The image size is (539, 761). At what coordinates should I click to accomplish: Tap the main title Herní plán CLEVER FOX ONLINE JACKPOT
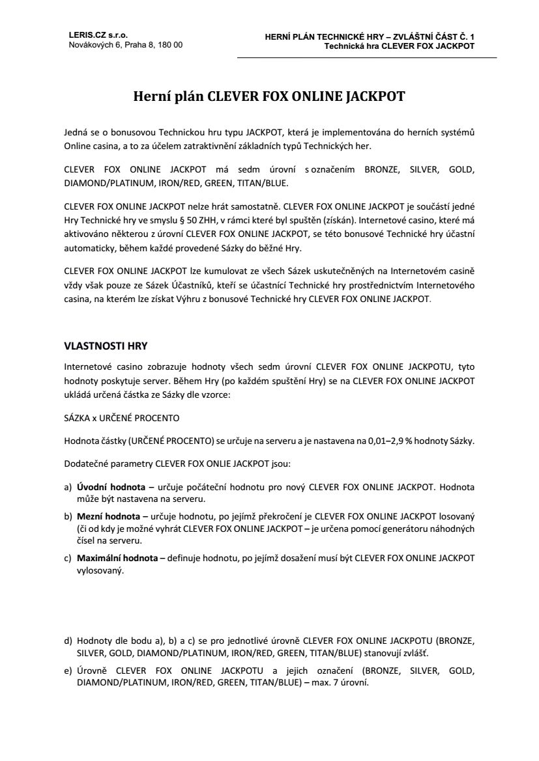269,97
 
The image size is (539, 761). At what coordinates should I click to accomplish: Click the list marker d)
68,642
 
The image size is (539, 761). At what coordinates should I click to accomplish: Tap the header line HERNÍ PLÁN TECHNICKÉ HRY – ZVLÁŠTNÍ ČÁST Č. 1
370,38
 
